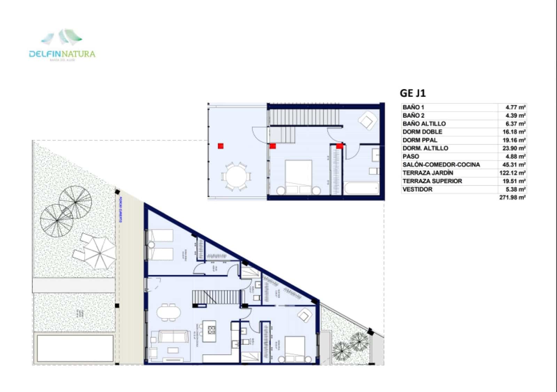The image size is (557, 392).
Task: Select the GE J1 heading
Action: pos(413,93)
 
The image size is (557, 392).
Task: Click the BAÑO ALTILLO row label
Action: pos(424,124)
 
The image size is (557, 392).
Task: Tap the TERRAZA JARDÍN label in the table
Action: pos(428,173)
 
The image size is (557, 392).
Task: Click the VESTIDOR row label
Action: pos(417,189)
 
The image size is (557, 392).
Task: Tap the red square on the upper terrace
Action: pos(220,146)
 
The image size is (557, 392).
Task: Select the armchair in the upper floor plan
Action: pos(367,121)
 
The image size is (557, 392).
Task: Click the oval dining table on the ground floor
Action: pos(168,311)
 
